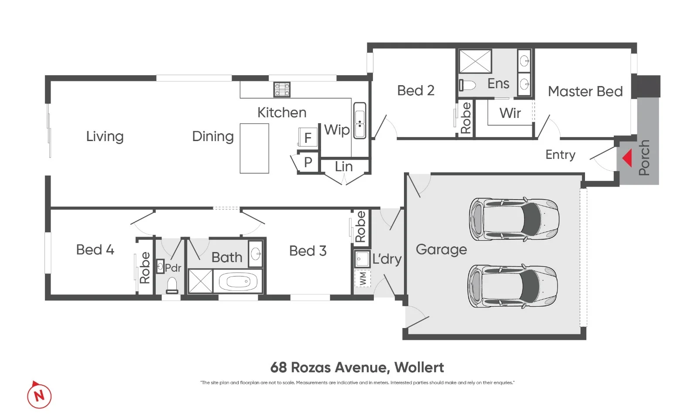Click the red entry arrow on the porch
point(628,158)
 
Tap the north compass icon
point(39,396)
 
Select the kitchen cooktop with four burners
point(282,90)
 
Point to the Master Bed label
point(585,91)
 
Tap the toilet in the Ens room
point(467,85)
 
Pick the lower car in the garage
point(513,286)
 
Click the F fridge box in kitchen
point(308,138)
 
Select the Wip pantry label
point(336,130)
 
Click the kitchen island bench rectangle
point(254,149)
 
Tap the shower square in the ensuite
point(475,61)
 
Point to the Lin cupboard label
point(344,166)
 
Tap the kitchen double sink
point(360,121)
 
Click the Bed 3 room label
point(308,251)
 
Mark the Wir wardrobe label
point(510,113)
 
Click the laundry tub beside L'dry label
point(362,259)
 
